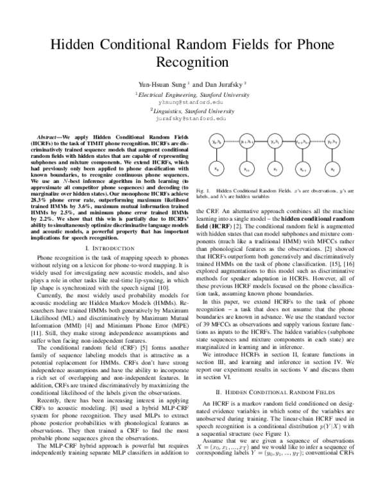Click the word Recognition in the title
tap(193, 63)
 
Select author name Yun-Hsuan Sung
tap(162, 84)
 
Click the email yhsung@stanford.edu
tap(192, 101)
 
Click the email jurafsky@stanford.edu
tap(192, 119)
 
